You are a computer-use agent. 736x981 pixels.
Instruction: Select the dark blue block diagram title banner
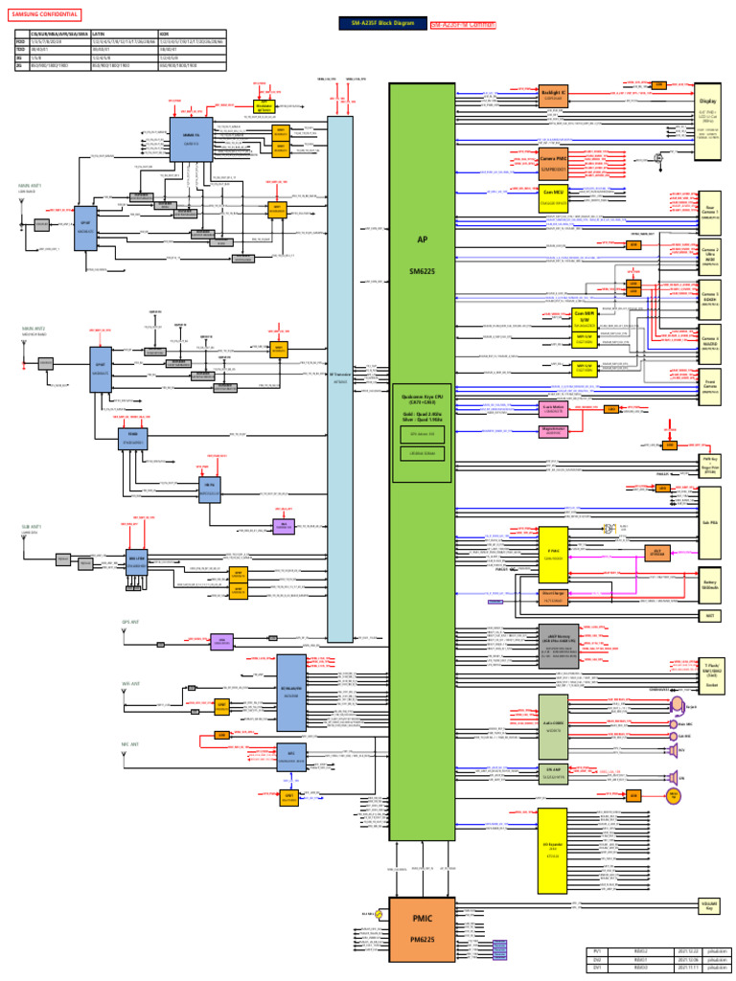click(382, 23)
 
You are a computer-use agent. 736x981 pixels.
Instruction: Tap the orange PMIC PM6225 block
click(422, 927)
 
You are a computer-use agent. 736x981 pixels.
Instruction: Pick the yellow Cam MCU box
click(554, 197)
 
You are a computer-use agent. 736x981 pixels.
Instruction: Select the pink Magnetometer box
click(551, 430)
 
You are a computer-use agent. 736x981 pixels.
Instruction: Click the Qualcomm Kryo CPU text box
click(422, 401)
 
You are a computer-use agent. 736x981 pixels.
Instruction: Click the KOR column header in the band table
click(165, 33)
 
